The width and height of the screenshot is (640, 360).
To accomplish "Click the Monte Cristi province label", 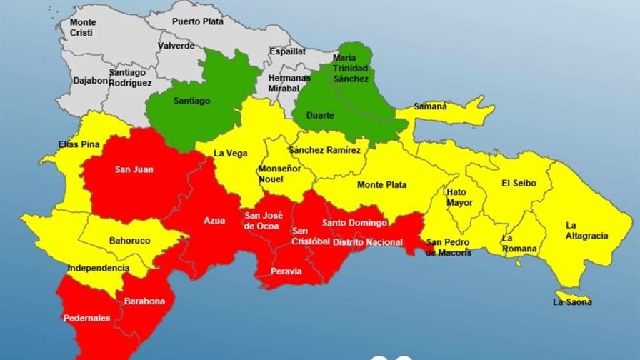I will pyautogui.click(x=82, y=28).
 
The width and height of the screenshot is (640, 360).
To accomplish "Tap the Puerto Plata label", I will pyautogui.click(x=198, y=21).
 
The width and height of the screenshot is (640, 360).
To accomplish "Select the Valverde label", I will pyautogui.click(x=176, y=46).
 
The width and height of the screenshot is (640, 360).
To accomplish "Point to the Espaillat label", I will pyautogui.click(x=287, y=51).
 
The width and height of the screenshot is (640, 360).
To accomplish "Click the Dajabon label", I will pyautogui.click(x=90, y=81).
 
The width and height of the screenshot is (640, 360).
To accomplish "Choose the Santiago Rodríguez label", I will pyautogui.click(x=130, y=78).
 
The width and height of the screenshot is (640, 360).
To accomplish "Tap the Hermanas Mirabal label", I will pyautogui.click(x=289, y=83).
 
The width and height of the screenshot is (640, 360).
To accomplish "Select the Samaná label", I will pyautogui.click(x=430, y=106).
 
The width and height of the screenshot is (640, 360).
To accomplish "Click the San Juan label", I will pyautogui.click(x=134, y=170).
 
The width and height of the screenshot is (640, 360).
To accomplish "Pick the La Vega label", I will pyautogui.click(x=230, y=153).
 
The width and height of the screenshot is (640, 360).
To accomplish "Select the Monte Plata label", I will pyautogui.click(x=381, y=185).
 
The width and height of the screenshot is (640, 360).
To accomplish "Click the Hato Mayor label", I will pyautogui.click(x=459, y=197).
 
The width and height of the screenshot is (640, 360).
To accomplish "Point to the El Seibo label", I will pyautogui.click(x=518, y=184).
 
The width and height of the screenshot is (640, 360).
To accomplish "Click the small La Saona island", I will pyautogui.click(x=574, y=296).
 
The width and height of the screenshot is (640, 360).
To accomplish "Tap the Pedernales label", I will pyautogui.click(x=86, y=319).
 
